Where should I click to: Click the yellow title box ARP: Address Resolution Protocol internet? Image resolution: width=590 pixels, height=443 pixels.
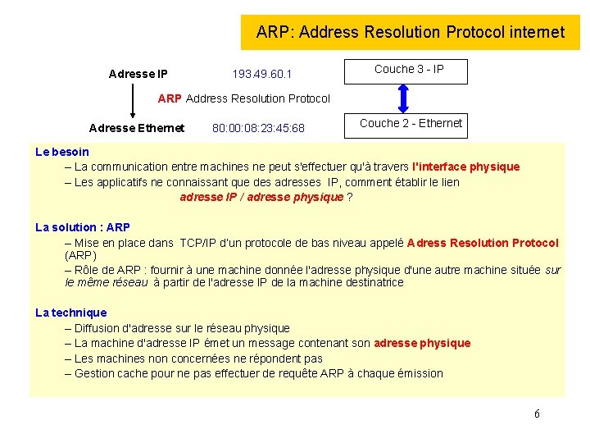pos(410,33)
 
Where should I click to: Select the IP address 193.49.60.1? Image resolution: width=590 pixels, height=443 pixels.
pos(261,75)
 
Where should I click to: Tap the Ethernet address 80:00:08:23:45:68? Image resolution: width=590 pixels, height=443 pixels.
pos(258,128)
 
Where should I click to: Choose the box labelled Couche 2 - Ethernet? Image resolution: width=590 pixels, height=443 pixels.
pos(411,125)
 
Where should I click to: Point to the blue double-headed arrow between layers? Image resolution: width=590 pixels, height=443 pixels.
pos(402,98)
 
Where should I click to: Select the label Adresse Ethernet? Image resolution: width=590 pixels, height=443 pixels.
pos(136,128)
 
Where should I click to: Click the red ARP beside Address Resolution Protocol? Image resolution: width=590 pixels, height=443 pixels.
pos(170,98)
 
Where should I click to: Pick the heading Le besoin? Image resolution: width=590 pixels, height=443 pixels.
pos(62,152)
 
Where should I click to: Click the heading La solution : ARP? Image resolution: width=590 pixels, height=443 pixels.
pos(83,227)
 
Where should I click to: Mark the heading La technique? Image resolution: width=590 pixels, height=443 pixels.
pos(71,313)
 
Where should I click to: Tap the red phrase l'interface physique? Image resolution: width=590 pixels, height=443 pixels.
pos(465,167)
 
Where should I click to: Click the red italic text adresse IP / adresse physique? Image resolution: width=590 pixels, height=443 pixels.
pos(261,197)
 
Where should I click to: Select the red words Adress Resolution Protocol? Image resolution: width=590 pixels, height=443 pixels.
pos(483,243)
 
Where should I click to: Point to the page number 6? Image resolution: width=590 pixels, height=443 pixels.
pos(537,414)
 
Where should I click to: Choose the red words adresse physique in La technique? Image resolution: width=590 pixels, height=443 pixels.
pos(422,343)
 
